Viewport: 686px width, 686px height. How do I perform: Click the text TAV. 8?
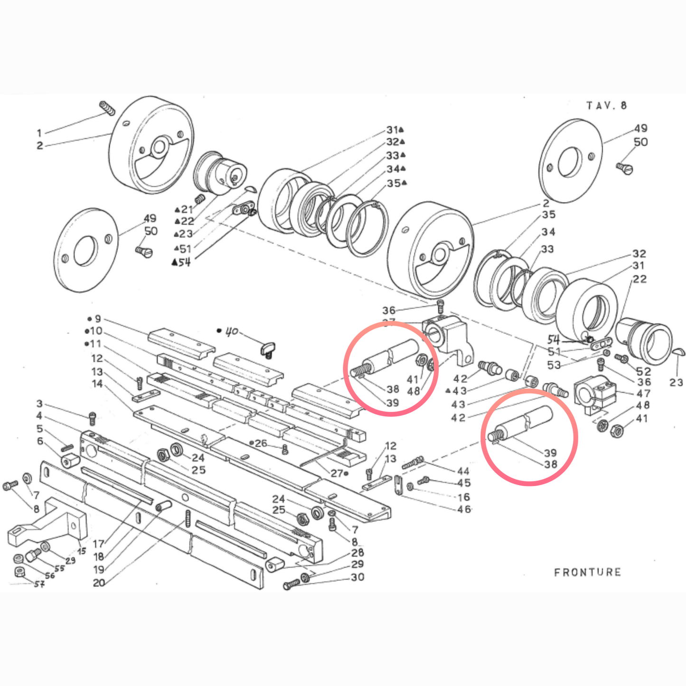point(606,105)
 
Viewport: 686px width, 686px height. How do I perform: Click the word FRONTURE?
point(587,572)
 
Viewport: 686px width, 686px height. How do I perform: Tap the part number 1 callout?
point(39,133)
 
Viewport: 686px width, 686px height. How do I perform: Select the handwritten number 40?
point(231,331)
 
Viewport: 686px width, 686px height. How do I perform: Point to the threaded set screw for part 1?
point(108,108)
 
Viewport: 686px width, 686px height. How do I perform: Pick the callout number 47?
point(643,394)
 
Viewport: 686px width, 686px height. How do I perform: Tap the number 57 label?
point(39,584)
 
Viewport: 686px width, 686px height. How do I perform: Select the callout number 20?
point(99,583)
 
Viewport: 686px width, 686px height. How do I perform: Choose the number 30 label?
point(357,577)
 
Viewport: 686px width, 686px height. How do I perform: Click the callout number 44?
point(463,471)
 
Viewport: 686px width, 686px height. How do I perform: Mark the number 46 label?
point(464,509)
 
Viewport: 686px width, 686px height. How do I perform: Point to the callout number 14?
point(97,384)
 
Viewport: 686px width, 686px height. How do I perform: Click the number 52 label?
point(644,371)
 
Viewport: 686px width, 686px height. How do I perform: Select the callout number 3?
point(39,404)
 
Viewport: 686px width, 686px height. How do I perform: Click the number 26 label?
point(261,443)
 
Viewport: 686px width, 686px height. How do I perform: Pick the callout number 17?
point(98,544)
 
